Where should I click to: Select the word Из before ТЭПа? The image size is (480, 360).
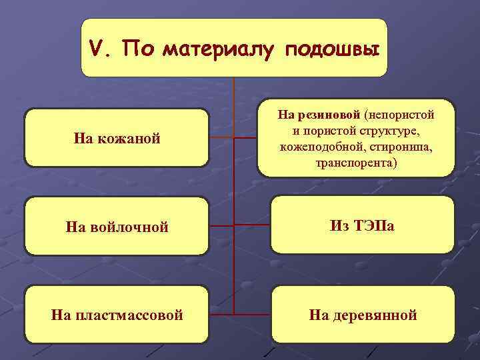[340, 226]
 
